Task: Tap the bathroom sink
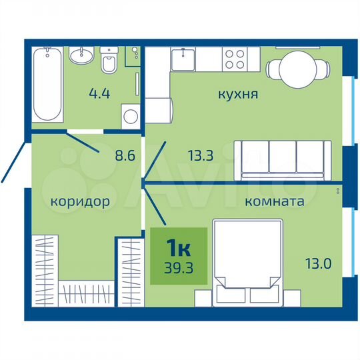click(84, 55)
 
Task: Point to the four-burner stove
click(235, 60)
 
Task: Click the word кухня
click(238, 95)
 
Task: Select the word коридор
click(79, 200)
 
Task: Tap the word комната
click(275, 201)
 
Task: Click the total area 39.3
click(178, 271)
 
